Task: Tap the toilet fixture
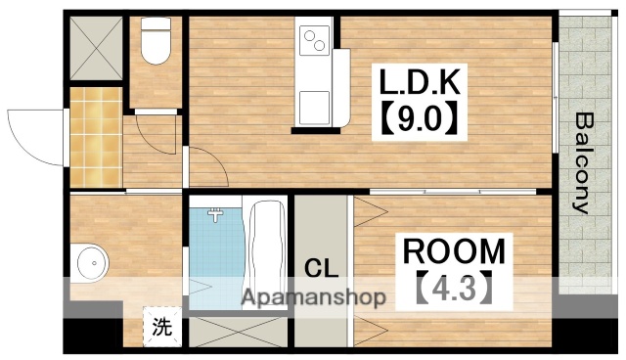pos(155,44)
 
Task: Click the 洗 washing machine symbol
pos(162,327)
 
